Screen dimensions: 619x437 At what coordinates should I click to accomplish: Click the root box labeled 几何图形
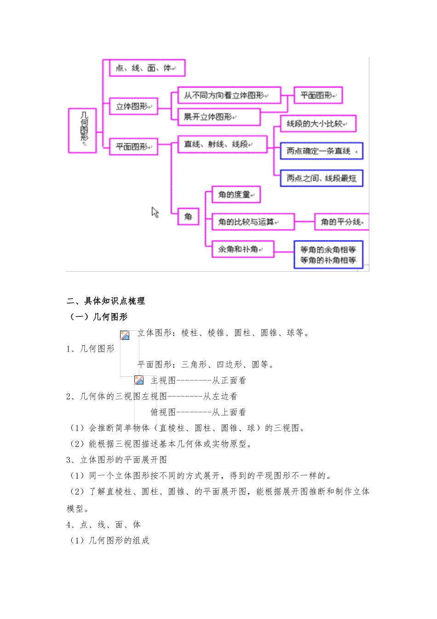82,130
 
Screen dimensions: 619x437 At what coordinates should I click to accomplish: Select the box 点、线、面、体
147,68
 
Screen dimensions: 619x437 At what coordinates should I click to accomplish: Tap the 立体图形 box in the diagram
133,106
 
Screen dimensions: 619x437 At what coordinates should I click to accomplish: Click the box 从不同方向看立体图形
229,95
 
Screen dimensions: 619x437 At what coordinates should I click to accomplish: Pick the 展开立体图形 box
218,117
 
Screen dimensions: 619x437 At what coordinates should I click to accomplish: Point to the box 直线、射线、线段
222,144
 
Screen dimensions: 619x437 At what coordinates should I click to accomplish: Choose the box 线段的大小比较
318,123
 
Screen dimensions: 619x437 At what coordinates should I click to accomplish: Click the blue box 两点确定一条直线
322,151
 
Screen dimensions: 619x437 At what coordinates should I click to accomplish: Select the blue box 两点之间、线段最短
322,178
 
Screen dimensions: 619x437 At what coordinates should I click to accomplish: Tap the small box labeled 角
188,216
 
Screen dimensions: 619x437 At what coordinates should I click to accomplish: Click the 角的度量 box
236,194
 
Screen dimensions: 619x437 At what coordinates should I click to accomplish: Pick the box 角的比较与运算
253,222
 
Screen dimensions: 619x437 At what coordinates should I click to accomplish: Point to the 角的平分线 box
342,222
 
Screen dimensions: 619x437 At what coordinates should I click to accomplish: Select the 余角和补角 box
242,249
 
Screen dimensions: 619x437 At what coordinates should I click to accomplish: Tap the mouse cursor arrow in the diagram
155,212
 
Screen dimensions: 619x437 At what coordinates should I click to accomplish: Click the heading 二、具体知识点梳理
106,301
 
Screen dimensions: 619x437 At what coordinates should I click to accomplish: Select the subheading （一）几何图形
97,317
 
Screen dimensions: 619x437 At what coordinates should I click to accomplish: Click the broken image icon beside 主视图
139,380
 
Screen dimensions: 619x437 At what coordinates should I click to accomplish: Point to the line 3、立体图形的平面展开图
117,460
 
